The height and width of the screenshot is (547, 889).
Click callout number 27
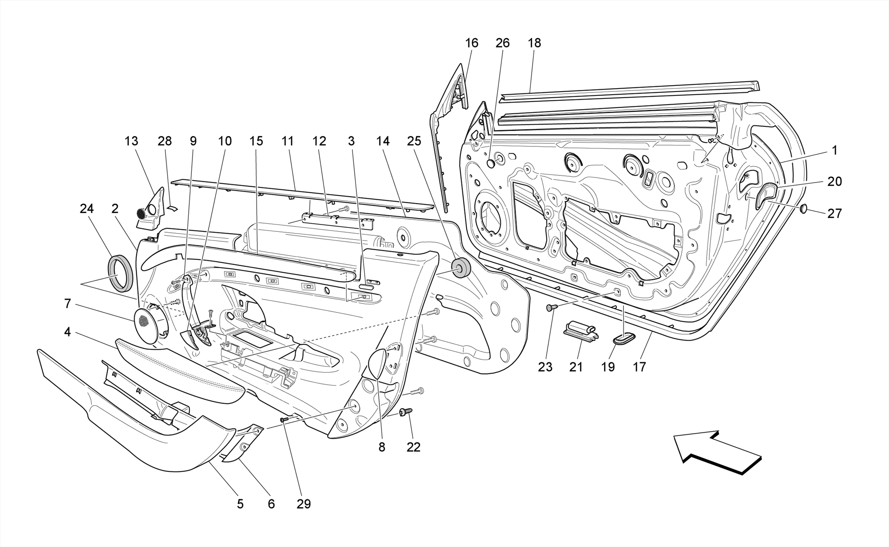834,213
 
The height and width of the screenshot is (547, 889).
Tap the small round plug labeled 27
803,209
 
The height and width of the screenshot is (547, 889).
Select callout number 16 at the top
471,43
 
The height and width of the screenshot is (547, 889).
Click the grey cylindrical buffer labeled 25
461,268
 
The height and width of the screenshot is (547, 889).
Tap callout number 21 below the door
576,367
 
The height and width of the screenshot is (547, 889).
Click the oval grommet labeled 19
624,339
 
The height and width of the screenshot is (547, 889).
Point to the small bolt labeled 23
551,308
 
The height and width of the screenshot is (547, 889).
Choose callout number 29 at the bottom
303,504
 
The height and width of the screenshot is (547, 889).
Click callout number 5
240,504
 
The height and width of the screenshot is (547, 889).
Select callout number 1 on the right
834,151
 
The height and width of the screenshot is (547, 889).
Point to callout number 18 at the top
534,43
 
